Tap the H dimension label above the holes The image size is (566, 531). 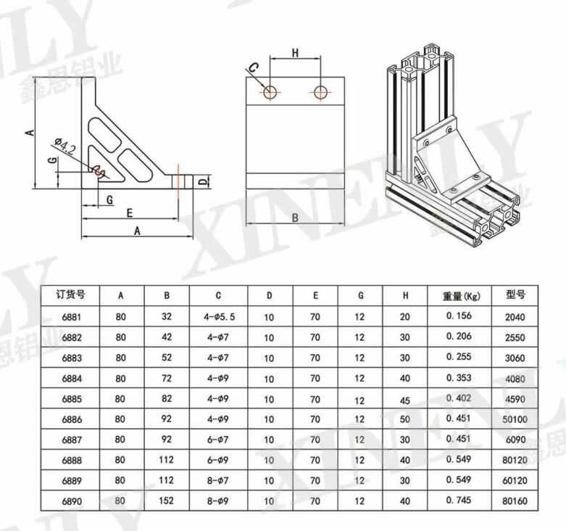point(295,53)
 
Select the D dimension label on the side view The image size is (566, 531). point(204,181)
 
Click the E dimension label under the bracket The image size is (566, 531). point(130,213)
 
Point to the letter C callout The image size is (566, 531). point(254,67)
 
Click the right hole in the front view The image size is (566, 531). point(320,92)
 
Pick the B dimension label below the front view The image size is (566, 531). point(295,218)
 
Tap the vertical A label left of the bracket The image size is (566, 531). point(30,133)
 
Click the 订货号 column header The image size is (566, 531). point(70,295)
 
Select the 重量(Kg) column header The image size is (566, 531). point(462,296)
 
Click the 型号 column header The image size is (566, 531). point(515,295)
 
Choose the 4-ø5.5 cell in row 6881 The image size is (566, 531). point(219,317)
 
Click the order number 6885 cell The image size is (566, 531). point(72,399)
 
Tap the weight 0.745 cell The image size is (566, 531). point(459,500)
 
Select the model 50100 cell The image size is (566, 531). point(515,419)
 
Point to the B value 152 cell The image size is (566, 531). point(167,501)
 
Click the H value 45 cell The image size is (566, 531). point(405,400)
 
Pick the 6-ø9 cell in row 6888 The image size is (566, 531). point(218,460)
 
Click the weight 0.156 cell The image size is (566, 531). point(459,316)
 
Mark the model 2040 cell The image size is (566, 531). point(515,317)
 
